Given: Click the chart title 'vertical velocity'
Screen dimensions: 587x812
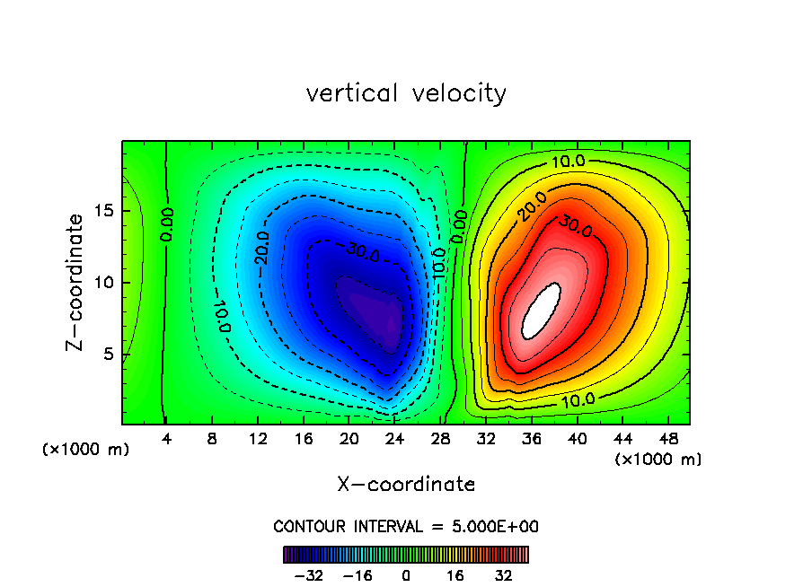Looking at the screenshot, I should [x=406, y=93].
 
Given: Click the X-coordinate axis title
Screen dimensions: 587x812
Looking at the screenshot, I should [x=406, y=485].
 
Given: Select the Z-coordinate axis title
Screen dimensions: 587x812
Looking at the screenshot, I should [x=76, y=282].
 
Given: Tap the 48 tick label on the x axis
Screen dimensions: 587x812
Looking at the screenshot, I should [x=668, y=440].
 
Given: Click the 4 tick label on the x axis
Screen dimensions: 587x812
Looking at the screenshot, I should [x=165, y=440].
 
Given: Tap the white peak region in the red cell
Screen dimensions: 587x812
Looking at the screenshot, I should [x=541, y=311].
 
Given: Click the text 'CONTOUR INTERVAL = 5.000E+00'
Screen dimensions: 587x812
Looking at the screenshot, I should [x=406, y=527].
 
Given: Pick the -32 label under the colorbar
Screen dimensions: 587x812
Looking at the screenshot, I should [x=307, y=575].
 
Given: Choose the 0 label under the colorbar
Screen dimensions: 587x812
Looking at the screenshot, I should [x=406, y=575].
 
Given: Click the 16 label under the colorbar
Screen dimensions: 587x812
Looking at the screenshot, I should [x=455, y=575].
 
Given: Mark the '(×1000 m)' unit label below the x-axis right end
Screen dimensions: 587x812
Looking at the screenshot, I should [x=658, y=460].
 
